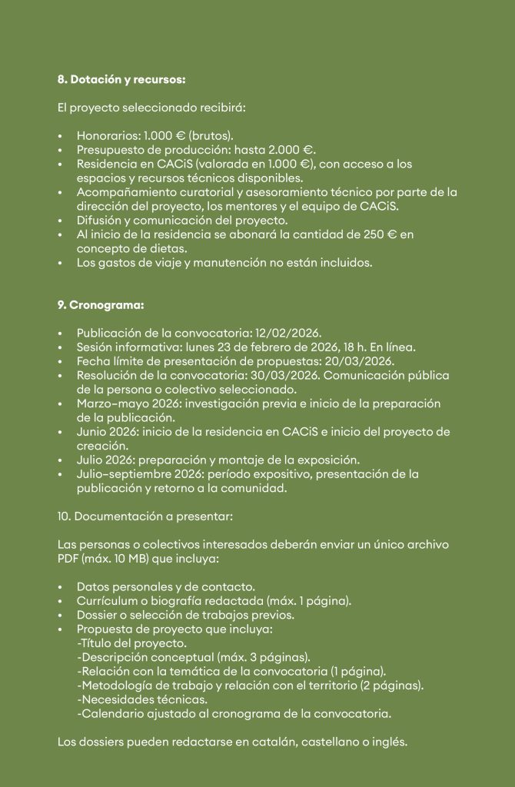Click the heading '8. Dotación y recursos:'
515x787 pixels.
(121, 79)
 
